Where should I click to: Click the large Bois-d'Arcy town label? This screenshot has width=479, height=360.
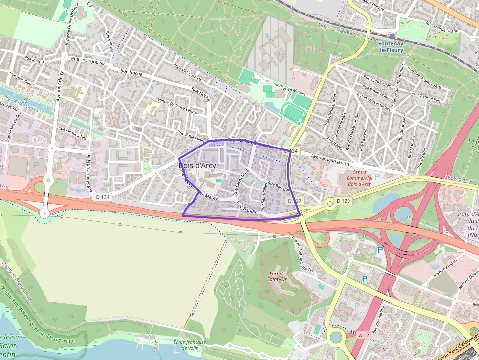[x=197, y=166]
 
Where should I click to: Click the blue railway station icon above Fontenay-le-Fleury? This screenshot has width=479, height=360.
[x=392, y=36]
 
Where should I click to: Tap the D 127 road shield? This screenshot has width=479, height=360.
[x=293, y=201]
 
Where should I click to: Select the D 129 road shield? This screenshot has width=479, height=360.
[x=344, y=201]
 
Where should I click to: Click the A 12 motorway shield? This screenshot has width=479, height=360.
[x=363, y=335]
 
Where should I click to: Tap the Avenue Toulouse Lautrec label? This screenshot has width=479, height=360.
[x=176, y=108]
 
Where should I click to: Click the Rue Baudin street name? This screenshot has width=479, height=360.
[x=246, y=208]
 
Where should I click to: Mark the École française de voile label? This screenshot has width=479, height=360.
[x=190, y=345]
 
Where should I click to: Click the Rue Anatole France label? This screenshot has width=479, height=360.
[x=443, y=30]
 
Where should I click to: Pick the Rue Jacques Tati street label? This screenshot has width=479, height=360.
[x=72, y=134]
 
